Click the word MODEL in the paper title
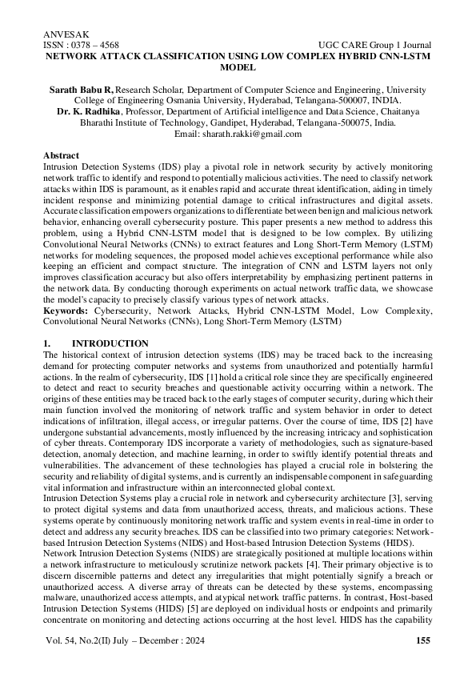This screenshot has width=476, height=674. (238, 69)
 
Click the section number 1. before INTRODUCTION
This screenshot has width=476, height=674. (46, 343)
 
